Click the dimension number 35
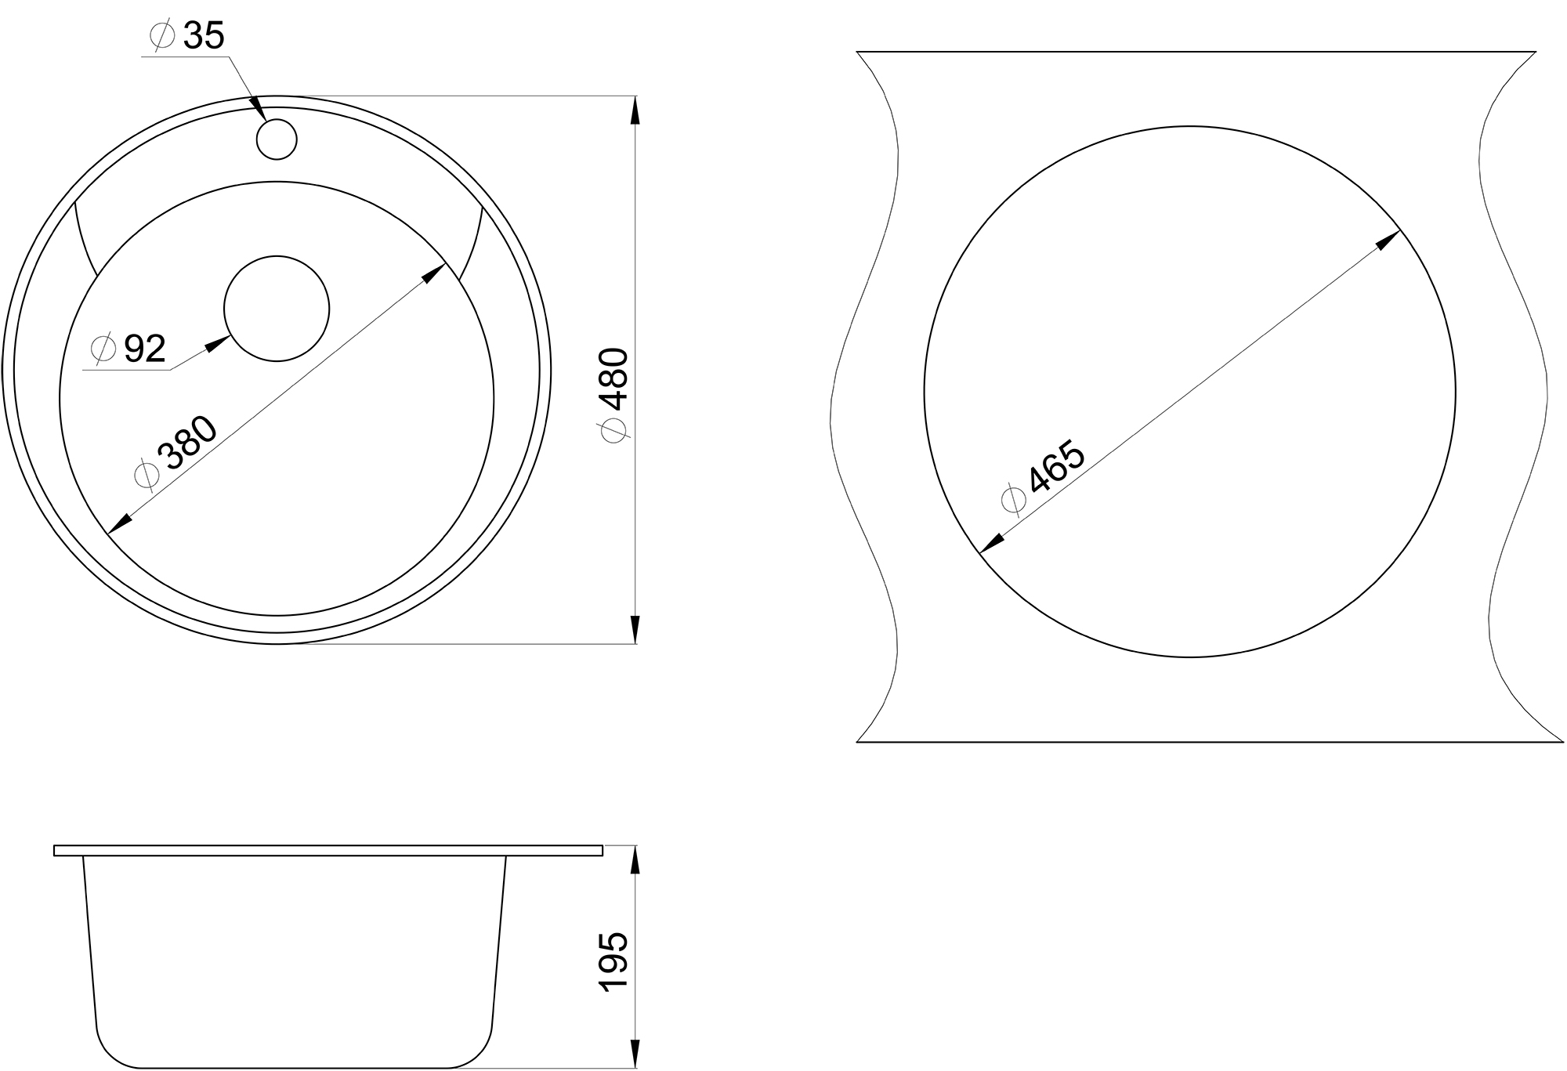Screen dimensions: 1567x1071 tap(204, 36)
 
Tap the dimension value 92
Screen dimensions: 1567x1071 tap(145, 349)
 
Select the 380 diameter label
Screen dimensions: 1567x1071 tap(186, 444)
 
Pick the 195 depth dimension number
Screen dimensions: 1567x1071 tap(613, 962)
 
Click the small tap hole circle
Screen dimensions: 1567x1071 tap(277, 139)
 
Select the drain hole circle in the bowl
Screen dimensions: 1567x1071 tap(277, 309)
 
